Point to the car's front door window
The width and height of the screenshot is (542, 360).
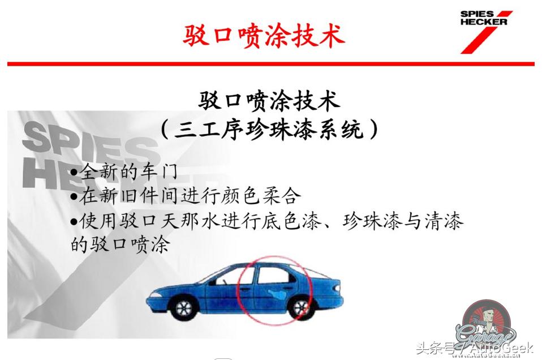point(238,277)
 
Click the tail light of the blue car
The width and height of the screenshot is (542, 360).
point(338,286)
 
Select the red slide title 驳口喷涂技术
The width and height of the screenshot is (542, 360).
point(264,36)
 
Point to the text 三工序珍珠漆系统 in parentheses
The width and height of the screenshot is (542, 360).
point(269,130)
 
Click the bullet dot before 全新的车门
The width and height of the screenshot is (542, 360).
point(74,172)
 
